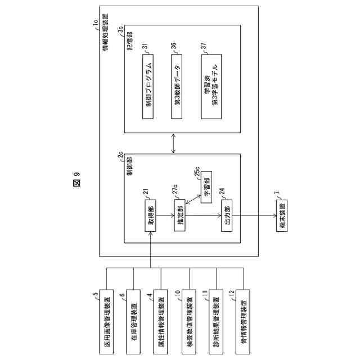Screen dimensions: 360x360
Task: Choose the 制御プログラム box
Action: click(x=148, y=87)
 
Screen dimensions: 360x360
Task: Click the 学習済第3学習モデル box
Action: click(x=211, y=87)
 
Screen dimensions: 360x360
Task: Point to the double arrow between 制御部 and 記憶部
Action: click(x=174, y=143)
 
